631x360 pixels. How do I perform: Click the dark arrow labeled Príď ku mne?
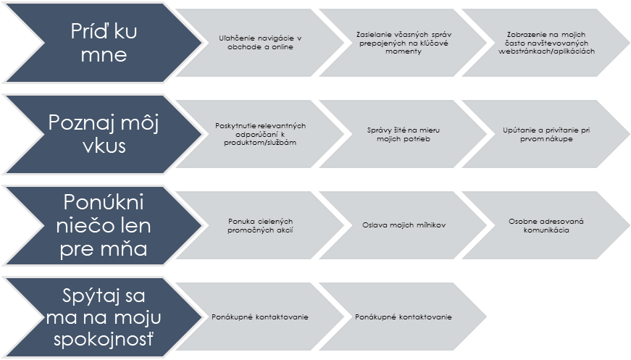[x=104, y=43]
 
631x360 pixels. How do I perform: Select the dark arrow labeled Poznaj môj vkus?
[x=104, y=134]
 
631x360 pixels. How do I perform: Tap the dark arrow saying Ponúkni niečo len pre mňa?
[x=104, y=225]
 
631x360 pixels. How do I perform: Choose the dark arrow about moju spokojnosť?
[x=104, y=317]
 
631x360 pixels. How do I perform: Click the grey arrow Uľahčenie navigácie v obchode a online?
[x=260, y=43]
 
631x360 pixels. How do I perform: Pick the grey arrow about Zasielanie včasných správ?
[x=404, y=43]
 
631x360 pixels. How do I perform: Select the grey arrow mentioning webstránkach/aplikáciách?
[x=546, y=43]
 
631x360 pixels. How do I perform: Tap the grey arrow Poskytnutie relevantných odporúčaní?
[x=260, y=134]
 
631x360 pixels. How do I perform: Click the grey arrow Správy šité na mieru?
[x=404, y=134]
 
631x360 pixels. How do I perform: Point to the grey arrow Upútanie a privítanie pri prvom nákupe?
[x=546, y=134]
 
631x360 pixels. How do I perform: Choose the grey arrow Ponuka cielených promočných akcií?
[x=260, y=225]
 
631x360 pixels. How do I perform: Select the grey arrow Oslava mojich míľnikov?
[x=404, y=225]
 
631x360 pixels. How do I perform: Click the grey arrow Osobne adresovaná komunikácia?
[x=546, y=225]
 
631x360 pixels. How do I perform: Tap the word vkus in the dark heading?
[x=104, y=146]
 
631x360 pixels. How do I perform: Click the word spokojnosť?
[x=104, y=339]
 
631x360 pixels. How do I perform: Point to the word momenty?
[x=404, y=51]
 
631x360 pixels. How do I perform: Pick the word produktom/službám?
[x=260, y=143]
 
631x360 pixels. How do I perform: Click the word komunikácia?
[x=546, y=230]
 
